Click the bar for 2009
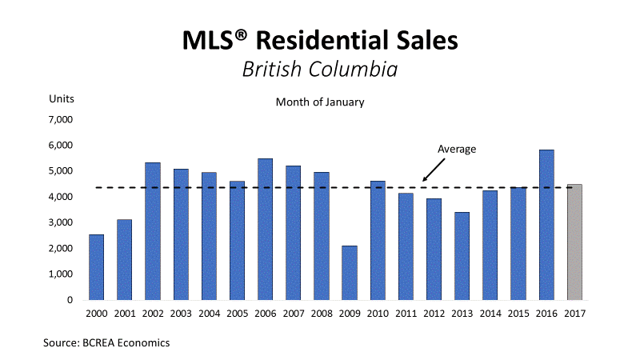(x=349, y=273)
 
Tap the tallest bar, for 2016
(x=546, y=225)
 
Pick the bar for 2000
(x=96, y=267)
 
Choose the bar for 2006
(x=265, y=230)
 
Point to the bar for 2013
(x=461, y=256)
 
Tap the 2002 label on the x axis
(x=152, y=314)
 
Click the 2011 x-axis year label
(x=405, y=314)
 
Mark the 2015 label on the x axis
(x=518, y=314)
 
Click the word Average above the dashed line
(x=457, y=149)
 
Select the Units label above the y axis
(x=62, y=99)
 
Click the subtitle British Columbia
(x=320, y=69)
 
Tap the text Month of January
(x=320, y=102)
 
